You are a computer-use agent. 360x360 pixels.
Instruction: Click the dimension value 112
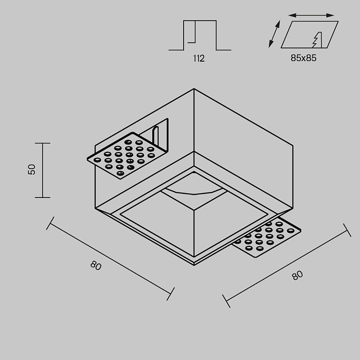point(199,59)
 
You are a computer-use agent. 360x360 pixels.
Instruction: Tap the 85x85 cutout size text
point(303,58)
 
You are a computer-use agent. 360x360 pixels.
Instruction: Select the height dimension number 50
point(32,170)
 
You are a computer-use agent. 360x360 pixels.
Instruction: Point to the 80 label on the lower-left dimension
point(96,265)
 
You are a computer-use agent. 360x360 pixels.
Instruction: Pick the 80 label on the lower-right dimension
point(297,275)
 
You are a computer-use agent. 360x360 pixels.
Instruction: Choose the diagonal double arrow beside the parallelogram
point(275,34)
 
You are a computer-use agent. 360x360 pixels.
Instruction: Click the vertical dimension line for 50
point(43,170)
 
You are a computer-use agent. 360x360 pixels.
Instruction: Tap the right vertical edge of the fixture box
point(293,177)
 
